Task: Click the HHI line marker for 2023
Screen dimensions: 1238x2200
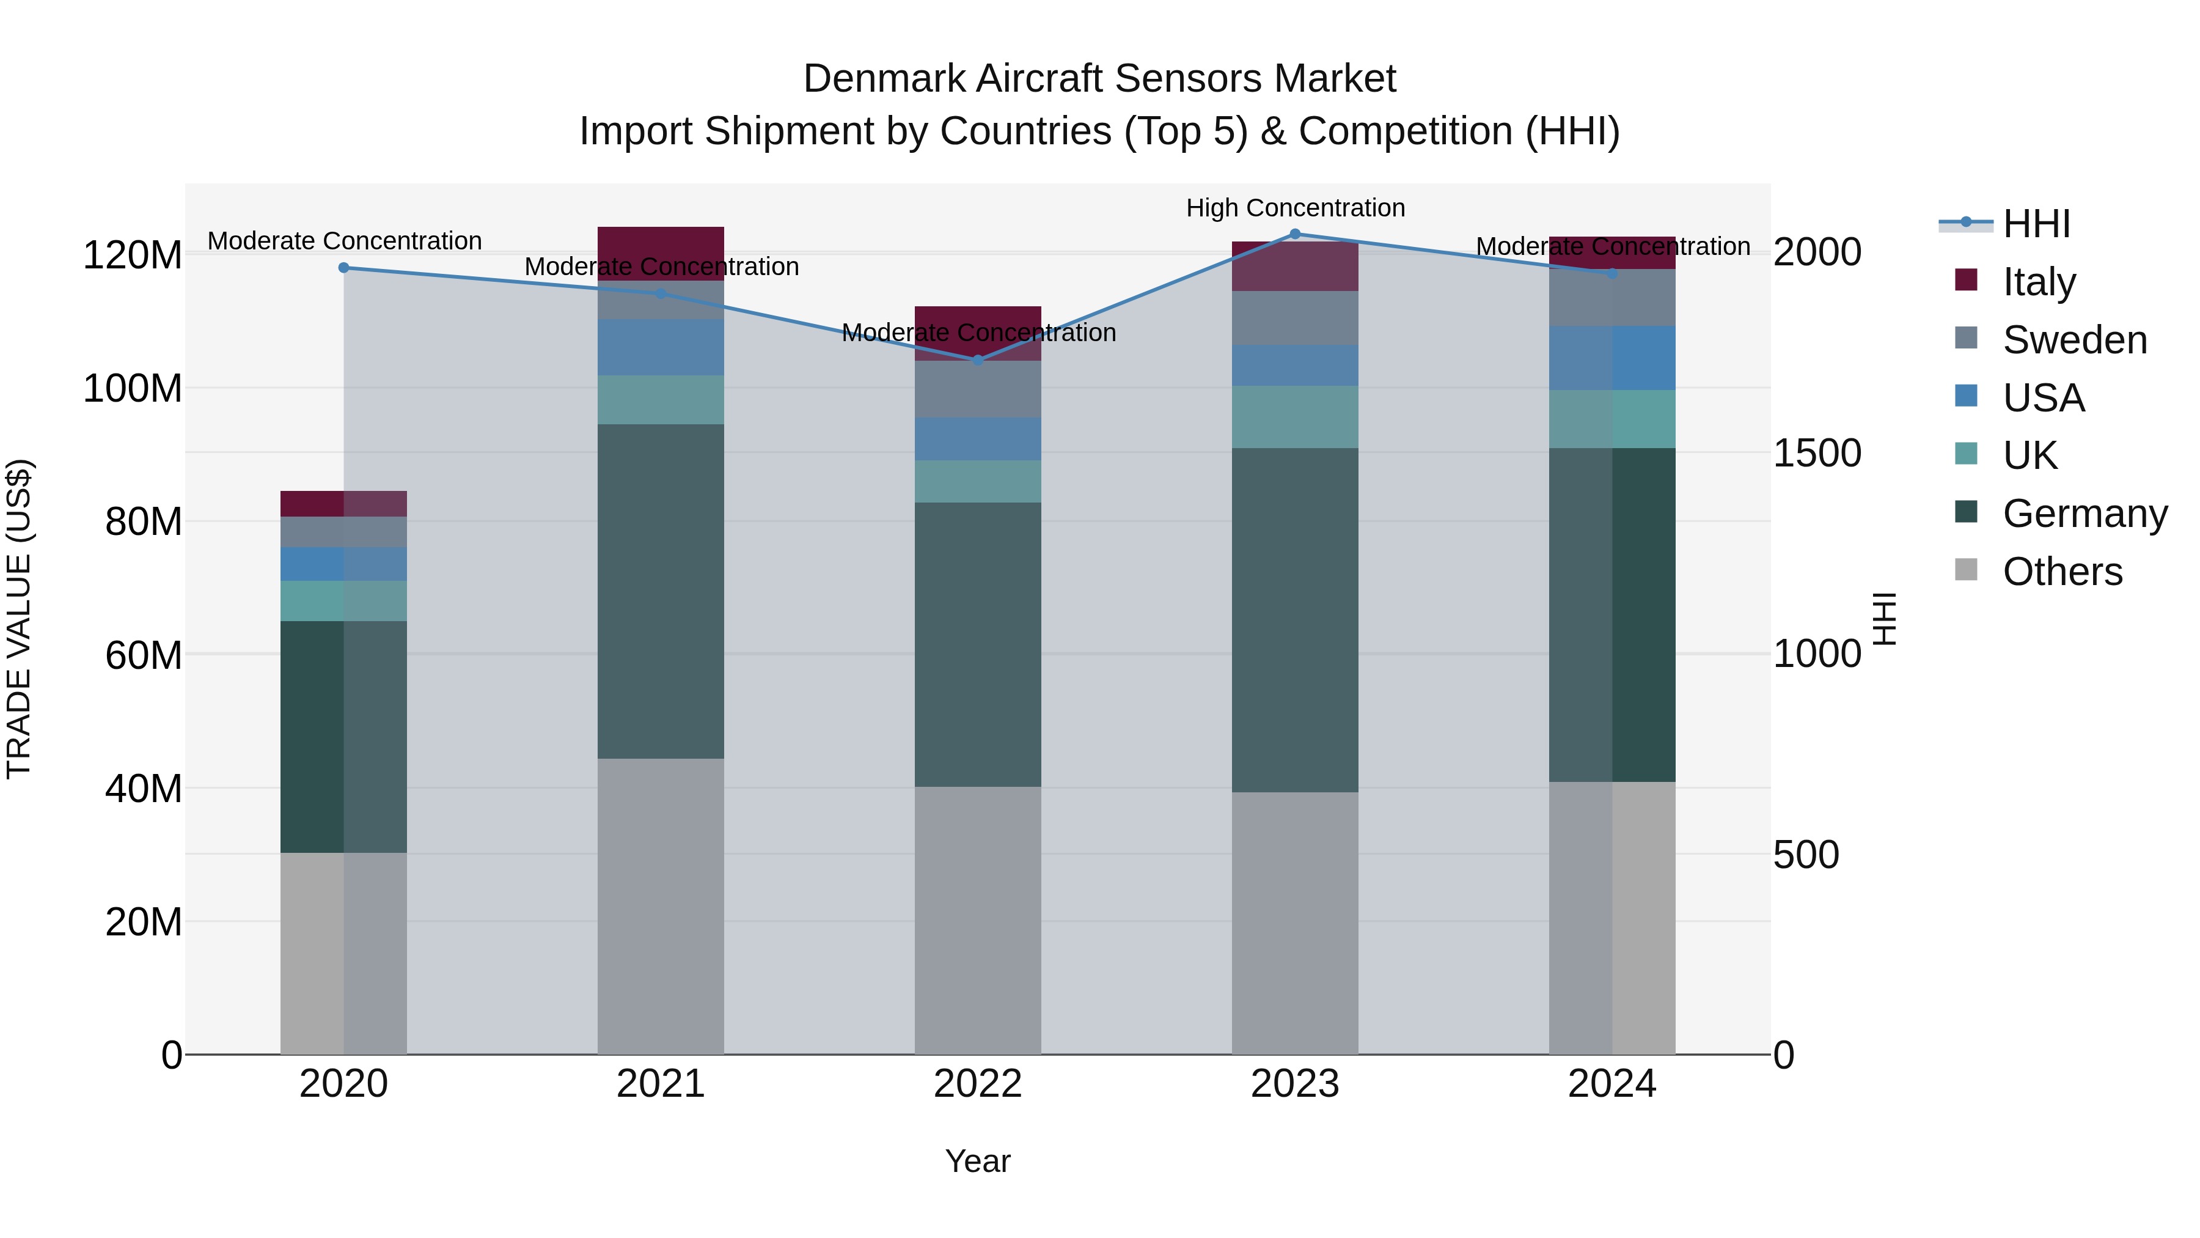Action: [1295, 234]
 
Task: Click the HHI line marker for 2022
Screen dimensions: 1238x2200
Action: [978, 359]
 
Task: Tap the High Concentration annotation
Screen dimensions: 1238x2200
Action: [1295, 208]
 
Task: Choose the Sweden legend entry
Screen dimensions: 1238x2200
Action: [2073, 340]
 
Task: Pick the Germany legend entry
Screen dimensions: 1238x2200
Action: [2084, 514]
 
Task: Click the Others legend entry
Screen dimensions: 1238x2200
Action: [2062, 572]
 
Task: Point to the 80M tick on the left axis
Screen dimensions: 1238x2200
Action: [142, 521]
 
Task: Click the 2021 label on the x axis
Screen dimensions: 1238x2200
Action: [660, 1084]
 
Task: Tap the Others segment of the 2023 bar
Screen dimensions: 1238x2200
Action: [1295, 923]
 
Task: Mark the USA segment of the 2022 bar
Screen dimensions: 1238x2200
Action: [978, 439]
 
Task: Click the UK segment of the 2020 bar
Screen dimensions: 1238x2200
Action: [343, 600]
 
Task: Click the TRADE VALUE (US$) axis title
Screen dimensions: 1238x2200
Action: [19, 619]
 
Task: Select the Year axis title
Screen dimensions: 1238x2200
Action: [978, 1161]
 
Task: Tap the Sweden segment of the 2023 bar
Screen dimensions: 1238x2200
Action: [1295, 318]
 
